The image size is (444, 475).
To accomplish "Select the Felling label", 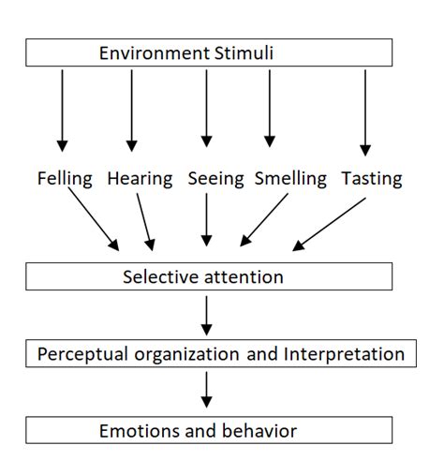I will click(x=65, y=178).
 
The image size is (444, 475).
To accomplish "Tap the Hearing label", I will click(x=139, y=178).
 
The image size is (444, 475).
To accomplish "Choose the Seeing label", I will click(x=215, y=178).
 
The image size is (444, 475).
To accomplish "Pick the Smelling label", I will click(x=290, y=178).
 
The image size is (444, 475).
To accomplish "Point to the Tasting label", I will click(x=372, y=178).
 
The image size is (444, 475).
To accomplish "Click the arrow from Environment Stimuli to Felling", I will click(x=63, y=108).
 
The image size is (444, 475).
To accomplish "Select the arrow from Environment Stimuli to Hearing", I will click(x=132, y=108).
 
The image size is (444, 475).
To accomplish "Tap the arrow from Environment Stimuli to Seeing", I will click(x=205, y=108).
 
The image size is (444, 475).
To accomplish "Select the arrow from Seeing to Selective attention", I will click(x=205, y=223).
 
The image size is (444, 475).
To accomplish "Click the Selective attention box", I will click(x=209, y=277).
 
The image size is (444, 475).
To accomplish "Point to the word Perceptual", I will click(x=79, y=354).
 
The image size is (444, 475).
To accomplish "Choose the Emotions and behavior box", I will click(x=209, y=431).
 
